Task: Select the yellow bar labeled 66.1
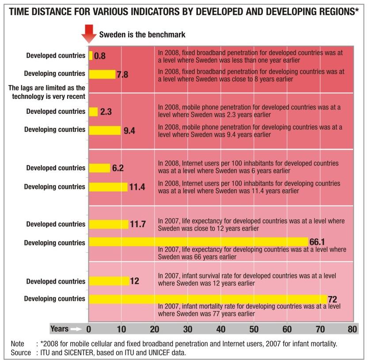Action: (198, 242)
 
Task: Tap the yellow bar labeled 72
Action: (208, 299)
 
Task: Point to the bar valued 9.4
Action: (105, 130)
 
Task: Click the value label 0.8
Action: (100, 56)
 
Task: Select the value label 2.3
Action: (106, 112)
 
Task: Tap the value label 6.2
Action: (118, 168)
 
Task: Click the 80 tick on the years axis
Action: (352, 329)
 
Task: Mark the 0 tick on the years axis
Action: (89, 329)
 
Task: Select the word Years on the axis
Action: (59, 329)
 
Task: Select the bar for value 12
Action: (109, 281)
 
